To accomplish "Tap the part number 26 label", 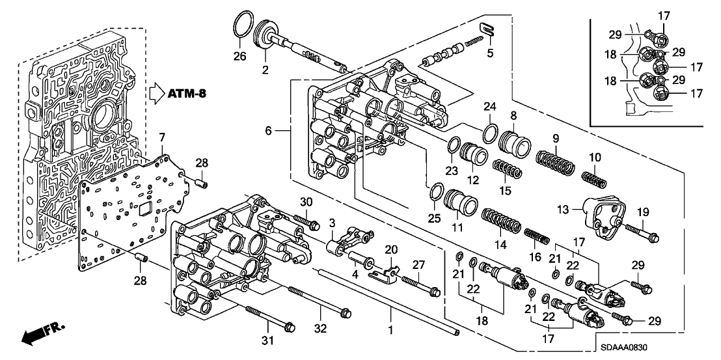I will tap(240, 57).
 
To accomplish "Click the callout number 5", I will tap(490, 53).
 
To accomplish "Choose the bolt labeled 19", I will tap(641, 228).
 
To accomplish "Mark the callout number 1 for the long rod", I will tap(390, 330).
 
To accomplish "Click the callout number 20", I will tap(391, 249).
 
